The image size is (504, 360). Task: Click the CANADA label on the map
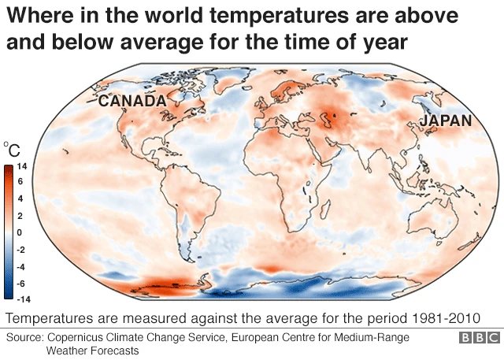[132, 101]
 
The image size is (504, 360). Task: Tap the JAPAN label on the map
[445, 121]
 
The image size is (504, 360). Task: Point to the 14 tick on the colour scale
[22, 166]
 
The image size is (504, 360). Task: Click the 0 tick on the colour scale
[20, 232]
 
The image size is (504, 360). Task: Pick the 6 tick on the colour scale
[20, 183]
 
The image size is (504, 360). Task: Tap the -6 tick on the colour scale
[21, 283]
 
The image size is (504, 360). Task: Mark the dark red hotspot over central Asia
[339, 118]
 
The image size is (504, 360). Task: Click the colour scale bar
[8, 232]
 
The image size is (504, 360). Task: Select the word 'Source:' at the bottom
[25, 337]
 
